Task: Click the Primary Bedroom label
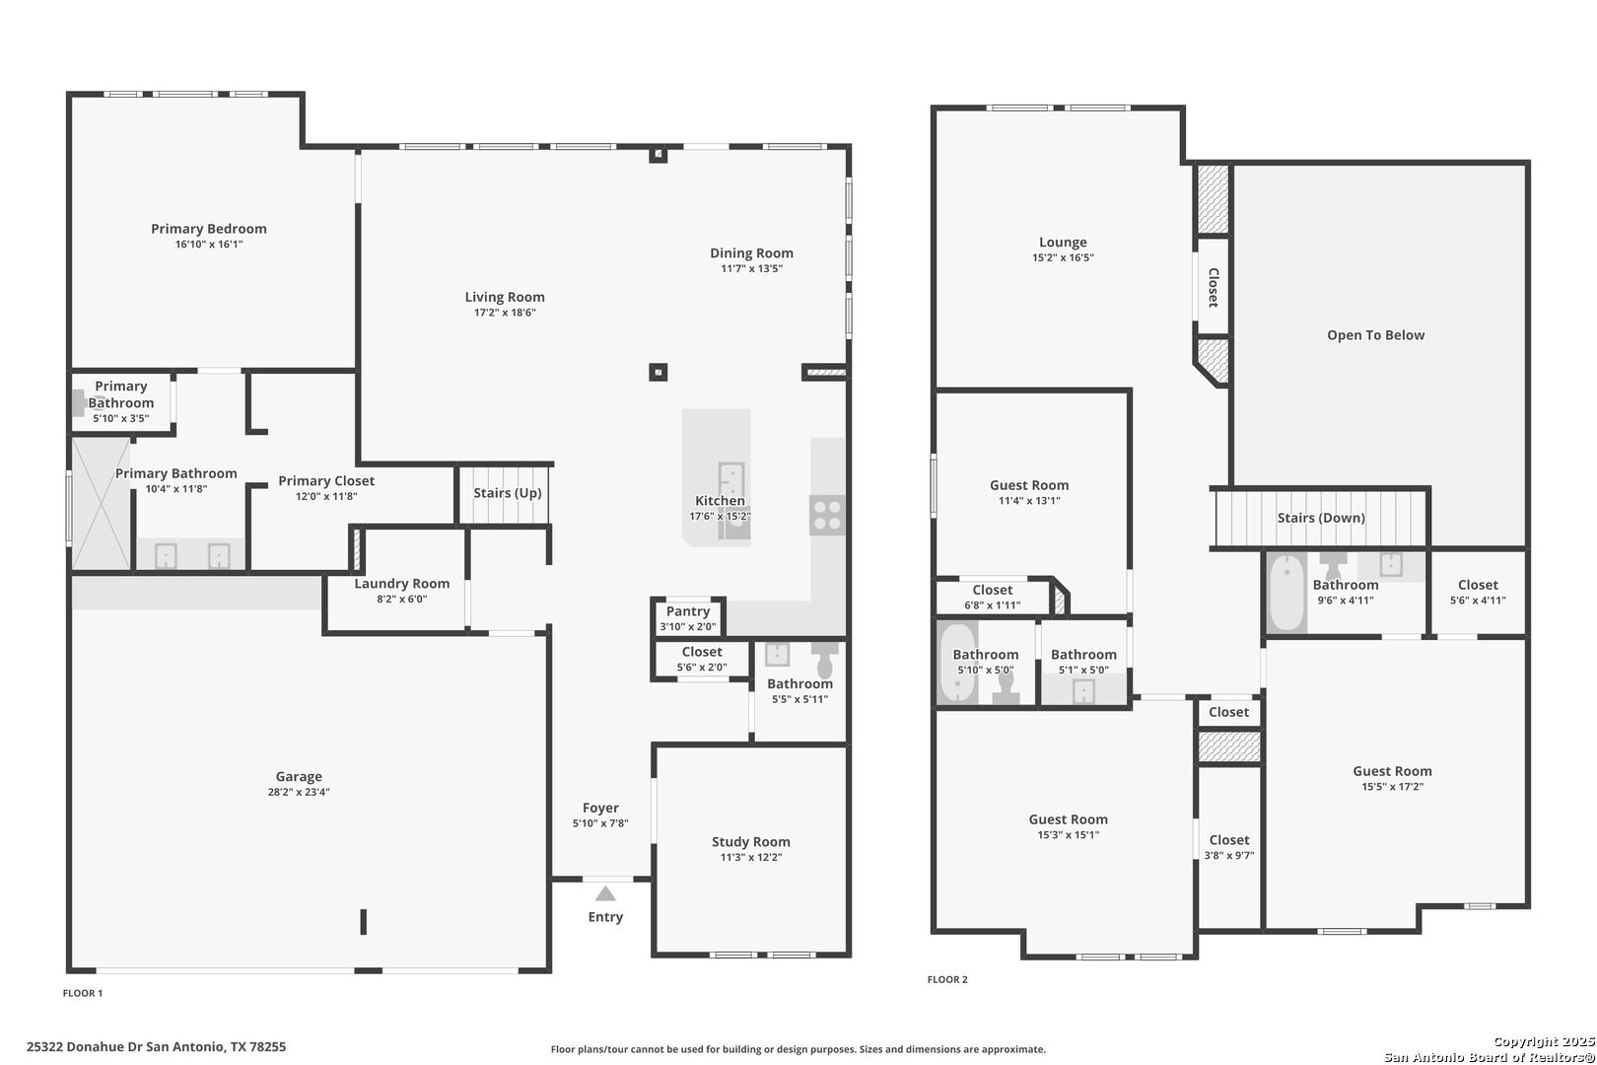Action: click(x=209, y=229)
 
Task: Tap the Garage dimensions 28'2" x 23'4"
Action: click(x=299, y=792)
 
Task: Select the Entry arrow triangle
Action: click(x=605, y=893)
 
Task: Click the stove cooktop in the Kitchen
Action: click(x=827, y=515)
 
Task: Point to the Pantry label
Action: click(x=688, y=611)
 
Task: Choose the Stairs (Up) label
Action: click(x=508, y=493)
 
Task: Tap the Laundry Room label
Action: click(x=402, y=584)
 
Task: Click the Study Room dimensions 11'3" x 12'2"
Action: click(x=751, y=857)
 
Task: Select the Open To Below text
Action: click(x=1375, y=335)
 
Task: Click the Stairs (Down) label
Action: click(x=1321, y=518)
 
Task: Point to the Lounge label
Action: click(x=1063, y=243)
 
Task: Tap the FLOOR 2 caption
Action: click(x=947, y=979)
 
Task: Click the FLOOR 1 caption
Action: click(x=83, y=993)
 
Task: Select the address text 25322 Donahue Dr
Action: click(x=85, y=1047)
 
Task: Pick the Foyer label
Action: click(x=600, y=809)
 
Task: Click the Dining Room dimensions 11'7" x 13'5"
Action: click(x=751, y=269)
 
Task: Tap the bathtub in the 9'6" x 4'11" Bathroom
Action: click(x=1286, y=593)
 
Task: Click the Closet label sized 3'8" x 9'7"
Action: click(x=1229, y=840)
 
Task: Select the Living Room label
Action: click(x=505, y=298)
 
